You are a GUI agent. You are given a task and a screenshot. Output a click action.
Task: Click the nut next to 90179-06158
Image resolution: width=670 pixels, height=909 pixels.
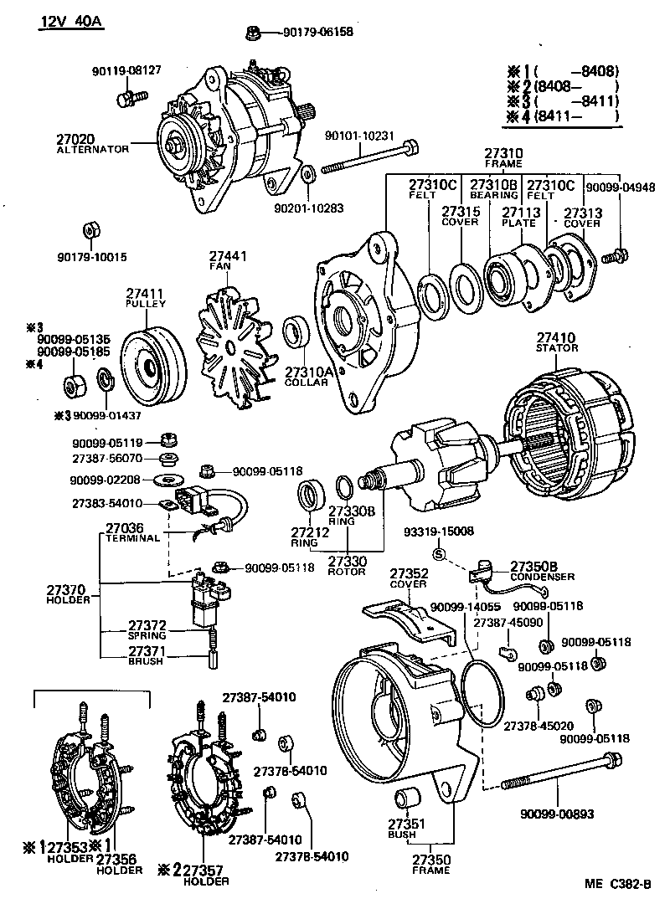pyautogui.click(x=252, y=33)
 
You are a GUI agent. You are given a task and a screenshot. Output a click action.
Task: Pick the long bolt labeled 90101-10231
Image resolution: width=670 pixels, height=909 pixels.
pyautogui.click(x=368, y=162)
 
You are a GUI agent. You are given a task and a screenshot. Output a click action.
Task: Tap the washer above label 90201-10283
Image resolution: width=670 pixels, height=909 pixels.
pyautogui.click(x=307, y=175)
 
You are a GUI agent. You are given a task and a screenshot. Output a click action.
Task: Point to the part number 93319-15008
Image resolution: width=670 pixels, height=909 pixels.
pyautogui.click(x=438, y=532)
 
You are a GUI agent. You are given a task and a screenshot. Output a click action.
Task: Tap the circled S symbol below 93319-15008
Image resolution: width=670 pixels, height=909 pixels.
pyautogui.click(x=438, y=552)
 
